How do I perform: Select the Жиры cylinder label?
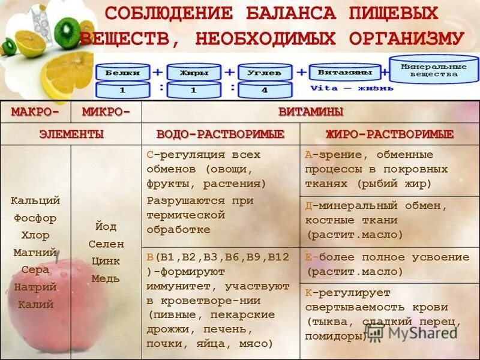[x=194, y=73]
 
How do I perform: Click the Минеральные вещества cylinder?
[x=434, y=70]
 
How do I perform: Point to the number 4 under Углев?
[x=265, y=90]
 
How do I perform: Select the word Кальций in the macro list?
[x=35, y=200]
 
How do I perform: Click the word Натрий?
[x=35, y=287]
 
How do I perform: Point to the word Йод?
[x=106, y=227]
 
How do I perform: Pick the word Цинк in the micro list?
[x=106, y=261]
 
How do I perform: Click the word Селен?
[x=106, y=244]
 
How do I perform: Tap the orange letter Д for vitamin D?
[x=308, y=206]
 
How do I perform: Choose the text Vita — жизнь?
[x=352, y=88]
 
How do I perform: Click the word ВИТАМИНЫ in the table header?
[x=310, y=112]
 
